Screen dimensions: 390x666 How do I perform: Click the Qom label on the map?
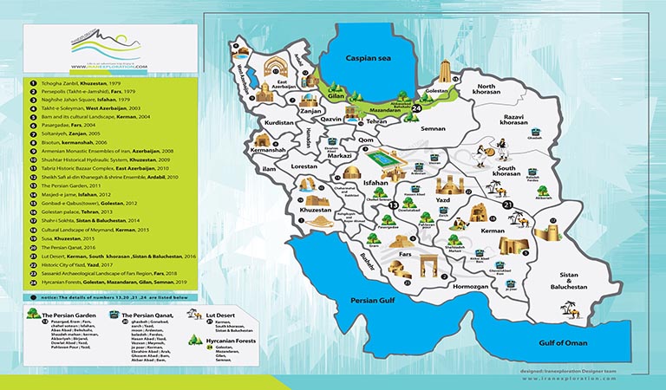tap(366, 140)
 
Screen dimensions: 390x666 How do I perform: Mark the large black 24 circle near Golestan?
tap(417, 107)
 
